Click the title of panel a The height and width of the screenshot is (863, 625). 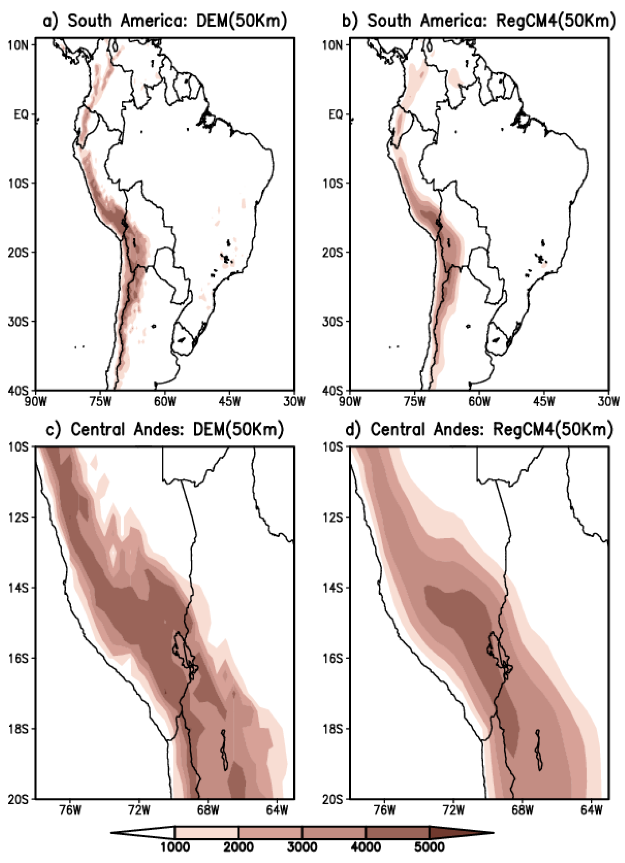(165, 21)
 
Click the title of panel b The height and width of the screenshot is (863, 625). (479, 21)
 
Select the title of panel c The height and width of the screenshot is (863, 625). (165, 429)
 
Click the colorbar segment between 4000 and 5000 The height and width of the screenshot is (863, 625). (397, 832)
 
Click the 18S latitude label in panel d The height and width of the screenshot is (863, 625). (332, 729)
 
